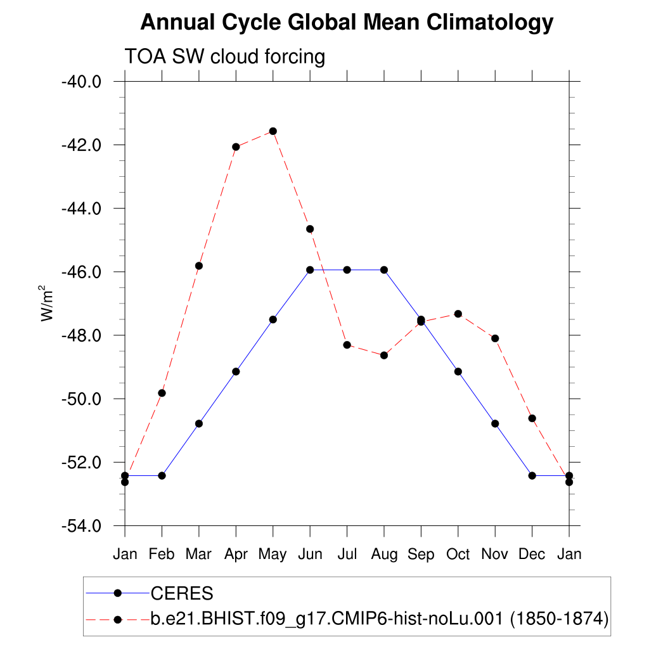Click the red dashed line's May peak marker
(x=273, y=131)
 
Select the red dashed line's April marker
(x=236, y=147)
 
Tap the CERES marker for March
(x=199, y=423)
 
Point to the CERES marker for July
(x=347, y=270)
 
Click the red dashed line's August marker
(x=384, y=355)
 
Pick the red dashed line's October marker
(x=458, y=314)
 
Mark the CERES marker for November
(x=495, y=423)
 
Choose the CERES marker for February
(x=162, y=475)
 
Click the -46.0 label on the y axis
(x=82, y=272)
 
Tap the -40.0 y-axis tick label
(x=82, y=82)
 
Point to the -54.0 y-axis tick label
(x=82, y=526)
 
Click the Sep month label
(x=421, y=555)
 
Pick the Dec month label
(x=532, y=555)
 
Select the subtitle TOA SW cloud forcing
(x=225, y=56)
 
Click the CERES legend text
(x=181, y=594)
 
